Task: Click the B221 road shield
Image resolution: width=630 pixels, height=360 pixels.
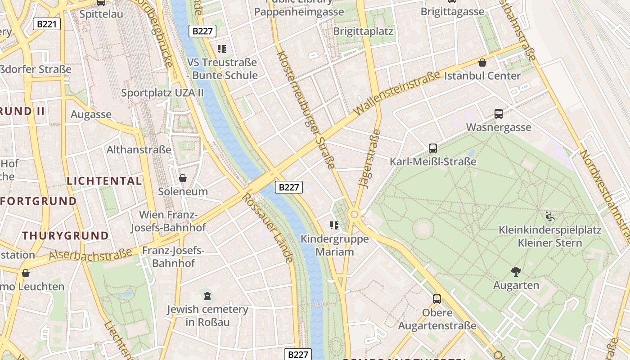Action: [47, 24]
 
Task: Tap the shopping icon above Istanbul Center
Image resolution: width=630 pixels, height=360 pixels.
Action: [482, 63]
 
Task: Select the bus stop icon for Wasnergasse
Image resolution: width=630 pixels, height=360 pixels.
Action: [498, 114]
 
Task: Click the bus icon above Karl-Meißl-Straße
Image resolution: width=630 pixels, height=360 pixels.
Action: [432, 148]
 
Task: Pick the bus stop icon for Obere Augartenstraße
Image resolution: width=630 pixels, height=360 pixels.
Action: [436, 299]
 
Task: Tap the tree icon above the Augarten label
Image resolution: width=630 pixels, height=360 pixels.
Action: [516, 271]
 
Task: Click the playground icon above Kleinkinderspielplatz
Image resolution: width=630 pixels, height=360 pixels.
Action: [549, 217]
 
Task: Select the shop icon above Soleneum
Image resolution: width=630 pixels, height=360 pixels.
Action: [183, 178]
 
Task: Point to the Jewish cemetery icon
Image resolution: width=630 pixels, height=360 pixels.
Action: [207, 296]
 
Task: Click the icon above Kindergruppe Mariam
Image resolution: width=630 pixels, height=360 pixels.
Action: [334, 225]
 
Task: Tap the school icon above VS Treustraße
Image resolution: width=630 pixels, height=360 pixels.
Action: [221, 49]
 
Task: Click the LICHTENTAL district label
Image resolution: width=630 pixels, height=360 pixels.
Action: [104, 181]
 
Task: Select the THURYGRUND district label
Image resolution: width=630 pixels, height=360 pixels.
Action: [66, 235]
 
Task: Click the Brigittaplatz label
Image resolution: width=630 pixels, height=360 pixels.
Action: [363, 31]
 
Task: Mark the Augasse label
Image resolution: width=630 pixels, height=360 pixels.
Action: [91, 115]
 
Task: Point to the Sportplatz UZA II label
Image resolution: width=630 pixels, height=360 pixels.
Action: [162, 93]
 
